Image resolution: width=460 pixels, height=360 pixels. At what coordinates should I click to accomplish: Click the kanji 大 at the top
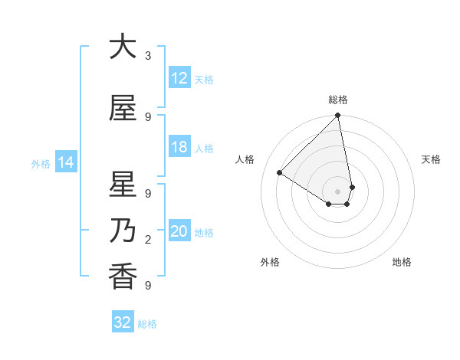pyautogui.click(x=123, y=47)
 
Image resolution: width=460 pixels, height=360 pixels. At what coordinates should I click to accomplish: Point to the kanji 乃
pyautogui.click(x=123, y=231)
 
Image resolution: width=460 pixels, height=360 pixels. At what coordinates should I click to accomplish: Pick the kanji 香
pyautogui.click(x=123, y=277)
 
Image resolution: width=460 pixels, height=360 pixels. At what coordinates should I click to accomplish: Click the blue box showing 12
pyautogui.click(x=179, y=78)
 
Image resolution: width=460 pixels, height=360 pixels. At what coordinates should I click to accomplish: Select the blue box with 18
pyautogui.click(x=179, y=148)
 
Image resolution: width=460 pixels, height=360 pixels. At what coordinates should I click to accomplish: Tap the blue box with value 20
pyautogui.click(x=179, y=232)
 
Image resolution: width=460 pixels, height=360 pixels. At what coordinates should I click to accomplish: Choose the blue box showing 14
pyautogui.click(x=65, y=162)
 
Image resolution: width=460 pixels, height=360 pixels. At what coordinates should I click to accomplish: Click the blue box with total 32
pyautogui.click(x=123, y=322)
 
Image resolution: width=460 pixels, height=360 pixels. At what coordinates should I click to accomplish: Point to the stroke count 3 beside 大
pyautogui.click(x=148, y=56)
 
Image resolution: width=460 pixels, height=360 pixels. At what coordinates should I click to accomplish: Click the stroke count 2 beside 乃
pyautogui.click(x=148, y=241)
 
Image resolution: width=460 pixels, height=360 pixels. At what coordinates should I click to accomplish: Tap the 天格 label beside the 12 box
pyautogui.click(x=204, y=79)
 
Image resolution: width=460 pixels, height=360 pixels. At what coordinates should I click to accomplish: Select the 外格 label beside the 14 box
pyautogui.click(x=41, y=163)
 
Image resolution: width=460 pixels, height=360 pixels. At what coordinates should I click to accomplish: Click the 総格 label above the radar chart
pyautogui.click(x=338, y=100)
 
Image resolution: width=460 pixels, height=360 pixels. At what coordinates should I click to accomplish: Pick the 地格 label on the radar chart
pyautogui.click(x=402, y=262)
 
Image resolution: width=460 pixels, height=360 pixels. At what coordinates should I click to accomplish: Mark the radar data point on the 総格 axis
pyautogui.click(x=337, y=116)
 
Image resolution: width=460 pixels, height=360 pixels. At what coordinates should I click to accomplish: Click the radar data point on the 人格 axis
pyautogui.click(x=280, y=173)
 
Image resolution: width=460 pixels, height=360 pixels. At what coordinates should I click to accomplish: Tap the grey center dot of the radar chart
pyautogui.click(x=337, y=191)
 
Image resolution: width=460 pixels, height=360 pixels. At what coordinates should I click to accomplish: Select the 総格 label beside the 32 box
pyautogui.click(x=147, y=324)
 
